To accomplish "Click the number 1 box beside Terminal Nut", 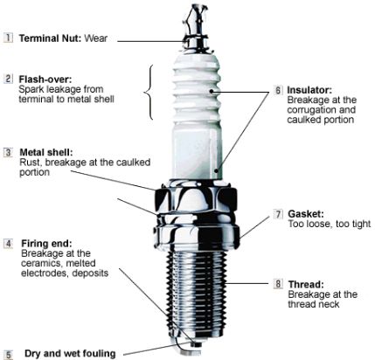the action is pyautogui.click(x=9, y=38).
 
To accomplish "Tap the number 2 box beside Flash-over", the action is pyautogui.click(x=9, y=79).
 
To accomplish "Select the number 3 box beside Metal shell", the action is pyautogui.click(x=9, y=152).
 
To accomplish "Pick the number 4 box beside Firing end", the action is pyautogui.click(x=9, y=243).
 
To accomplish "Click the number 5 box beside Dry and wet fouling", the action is pyautogui.click(x=9, y=355).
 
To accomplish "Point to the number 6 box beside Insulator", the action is pyautogui.click(x=278, y=90).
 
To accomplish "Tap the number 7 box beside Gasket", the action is pyautogui.click(x=278, y=214).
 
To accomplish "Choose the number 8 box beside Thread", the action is pyautogui.click(x=278, y=283).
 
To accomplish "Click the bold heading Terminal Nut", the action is pyautogui.click(x=51, y=38).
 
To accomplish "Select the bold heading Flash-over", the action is pyautogui.click(x=45, y=79).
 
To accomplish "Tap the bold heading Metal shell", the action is pyautogui.click(x=46, y=152).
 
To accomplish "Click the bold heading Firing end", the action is pyautogui.click(x=46, y=243).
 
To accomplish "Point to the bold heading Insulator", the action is pyautogui.click(x=309, y=90).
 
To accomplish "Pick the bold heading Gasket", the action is pyautogui.click(x=306, y=214).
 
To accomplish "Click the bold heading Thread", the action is pyautogui.click(x=306, y=284).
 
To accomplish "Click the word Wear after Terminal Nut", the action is pyautogui.click(x=96, y=38).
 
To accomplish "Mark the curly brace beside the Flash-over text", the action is pyautogui.click(x=149, y=92).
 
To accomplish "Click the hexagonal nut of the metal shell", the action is pyautogui.click(x=196, y=198).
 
